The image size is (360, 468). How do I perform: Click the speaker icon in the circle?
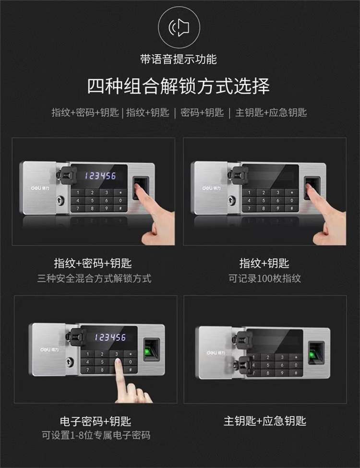point(179,27)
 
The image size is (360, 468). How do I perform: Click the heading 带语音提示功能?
point(179,59)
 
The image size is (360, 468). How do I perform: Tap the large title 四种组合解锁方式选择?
point(179,86)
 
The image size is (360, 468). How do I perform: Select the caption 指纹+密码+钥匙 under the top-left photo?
point(93,263)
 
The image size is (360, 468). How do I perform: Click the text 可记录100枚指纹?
point(265,278)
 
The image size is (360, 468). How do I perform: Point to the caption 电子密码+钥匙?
point(96,421)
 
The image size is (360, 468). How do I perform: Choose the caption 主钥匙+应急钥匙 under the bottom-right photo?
point(265,421)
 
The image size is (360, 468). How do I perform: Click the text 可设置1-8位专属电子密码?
point(96,435)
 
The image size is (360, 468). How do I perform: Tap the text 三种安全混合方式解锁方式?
point(95,278)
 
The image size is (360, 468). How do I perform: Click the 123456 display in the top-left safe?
point(100,176)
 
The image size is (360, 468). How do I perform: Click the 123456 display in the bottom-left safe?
point(110,337)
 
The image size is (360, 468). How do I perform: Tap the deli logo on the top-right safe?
point(211,188)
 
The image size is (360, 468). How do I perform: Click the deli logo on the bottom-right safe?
point(216,353)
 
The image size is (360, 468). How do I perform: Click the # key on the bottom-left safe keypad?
point(131,370)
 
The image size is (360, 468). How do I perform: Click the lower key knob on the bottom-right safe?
point(242,365)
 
